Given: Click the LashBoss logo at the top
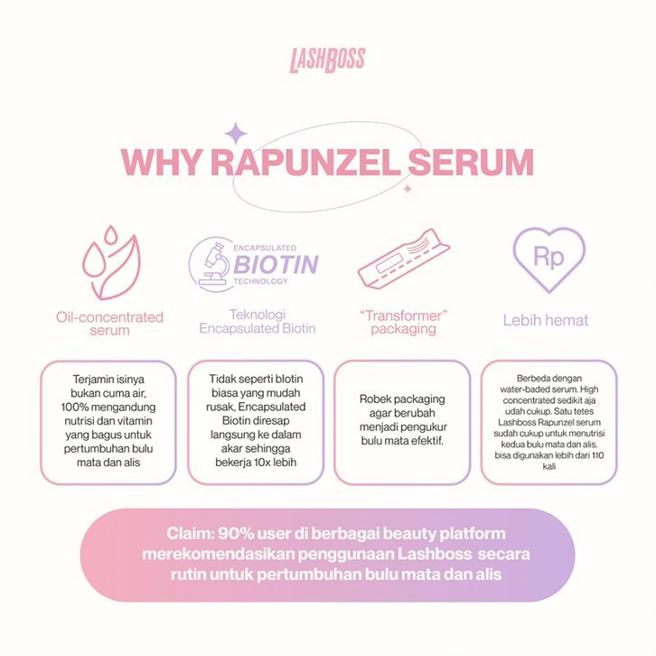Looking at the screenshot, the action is tap(327, 60).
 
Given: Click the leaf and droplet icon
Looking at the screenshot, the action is tap(108, 262).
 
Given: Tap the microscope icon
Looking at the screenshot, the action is tap(211, 263).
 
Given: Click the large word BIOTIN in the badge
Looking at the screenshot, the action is tap(276, 264).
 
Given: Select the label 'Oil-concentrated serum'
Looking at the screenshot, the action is tap(108, 323).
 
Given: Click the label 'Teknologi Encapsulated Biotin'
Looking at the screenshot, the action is tap(258, 323).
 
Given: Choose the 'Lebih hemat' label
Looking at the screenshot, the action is tap(546, 320).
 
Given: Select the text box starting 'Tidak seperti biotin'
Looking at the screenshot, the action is tap(256, 423).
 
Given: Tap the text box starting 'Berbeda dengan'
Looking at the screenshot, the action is tap(548, 423).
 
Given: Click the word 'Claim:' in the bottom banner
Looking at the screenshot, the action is tap(191, 533).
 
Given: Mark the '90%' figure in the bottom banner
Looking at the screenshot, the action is tap(239, 533).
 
